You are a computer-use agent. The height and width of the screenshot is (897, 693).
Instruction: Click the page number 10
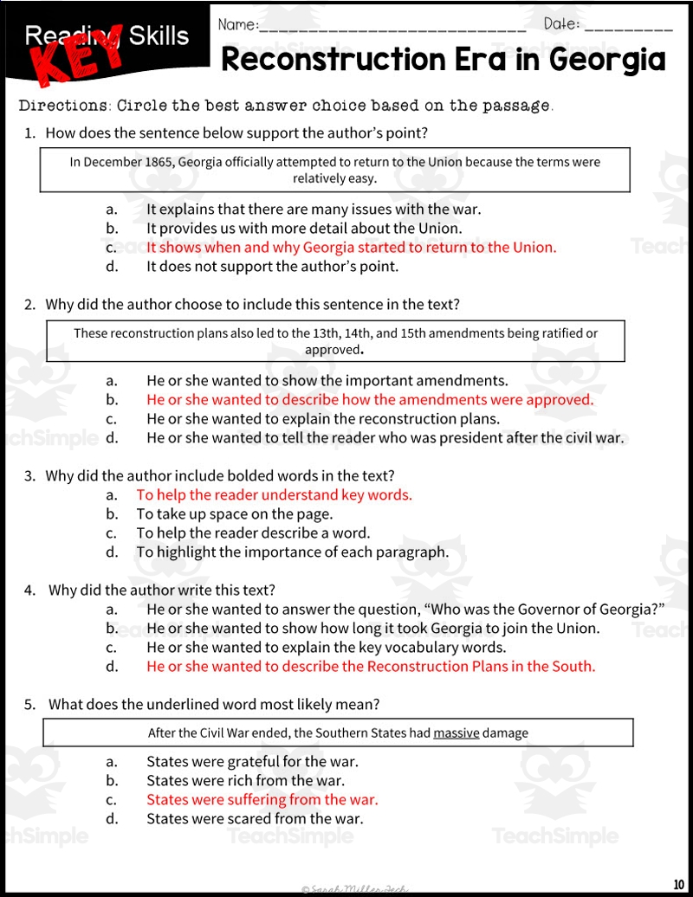pyautogui.click(x=677, y=883)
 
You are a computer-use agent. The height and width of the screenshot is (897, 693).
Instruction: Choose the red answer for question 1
pyautogui.click(x=351, y=248)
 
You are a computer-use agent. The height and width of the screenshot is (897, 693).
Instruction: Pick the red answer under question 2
pyautogui.click(x=370, y=400)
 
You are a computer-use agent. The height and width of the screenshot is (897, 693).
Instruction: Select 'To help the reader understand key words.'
pyautogui.click(x=274, y=495)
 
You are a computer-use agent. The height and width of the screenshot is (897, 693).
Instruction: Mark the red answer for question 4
pyautogui.click(x=371, y=667)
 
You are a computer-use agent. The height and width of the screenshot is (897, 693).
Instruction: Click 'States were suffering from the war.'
pyautogui.click(x=262, y=800)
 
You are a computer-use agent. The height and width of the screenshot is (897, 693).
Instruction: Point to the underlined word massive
pyautogui.click(x=457, y=733)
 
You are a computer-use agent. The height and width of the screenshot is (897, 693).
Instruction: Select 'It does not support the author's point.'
pyautogui.click(x=272, y=267)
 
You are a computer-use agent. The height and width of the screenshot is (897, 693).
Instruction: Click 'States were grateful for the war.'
pyautogui.click(x=252, y=762)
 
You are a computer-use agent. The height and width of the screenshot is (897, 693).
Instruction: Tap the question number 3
pyautogui.click(x=29, y=476)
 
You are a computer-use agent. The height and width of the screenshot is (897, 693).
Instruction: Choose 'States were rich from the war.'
pyautogui.click(x=245, y=781)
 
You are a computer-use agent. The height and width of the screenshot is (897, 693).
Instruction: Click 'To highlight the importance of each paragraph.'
pyautogui.click(x=292, y=552)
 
